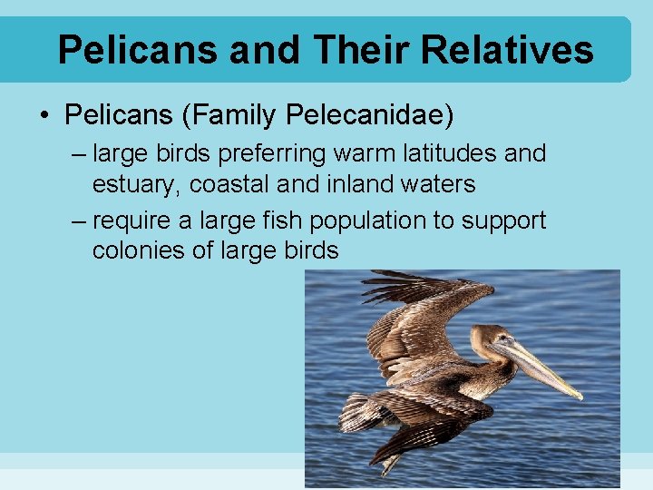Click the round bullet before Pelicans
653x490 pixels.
pos(44,116)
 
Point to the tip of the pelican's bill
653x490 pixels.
pos(579,396)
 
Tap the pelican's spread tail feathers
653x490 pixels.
pos(363,413)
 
